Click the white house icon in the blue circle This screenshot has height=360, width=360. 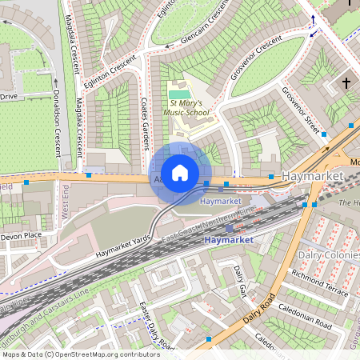[180, 173]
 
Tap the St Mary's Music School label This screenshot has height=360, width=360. [190, 108]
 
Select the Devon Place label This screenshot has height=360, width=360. [20, 237]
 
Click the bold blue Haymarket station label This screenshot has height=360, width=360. [228, 240]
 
